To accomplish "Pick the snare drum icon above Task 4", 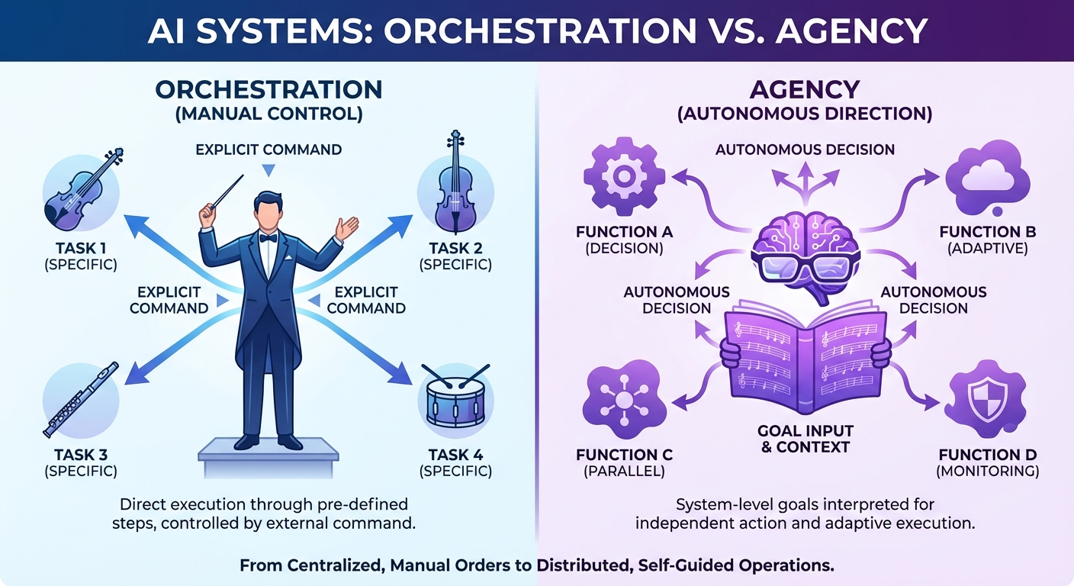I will click(x=456, y=398).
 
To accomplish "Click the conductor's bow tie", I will click(x=267, y=238).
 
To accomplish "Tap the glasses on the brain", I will click(x=805, y=268).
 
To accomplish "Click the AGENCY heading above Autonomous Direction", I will click(x=804, y=89).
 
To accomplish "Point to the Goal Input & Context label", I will click(x=806, y=439).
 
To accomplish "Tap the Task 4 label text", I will click(x=455, y=456).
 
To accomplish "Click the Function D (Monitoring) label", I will click(x=988, y=463).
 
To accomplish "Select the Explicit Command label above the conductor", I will click(x=268, y=149).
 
